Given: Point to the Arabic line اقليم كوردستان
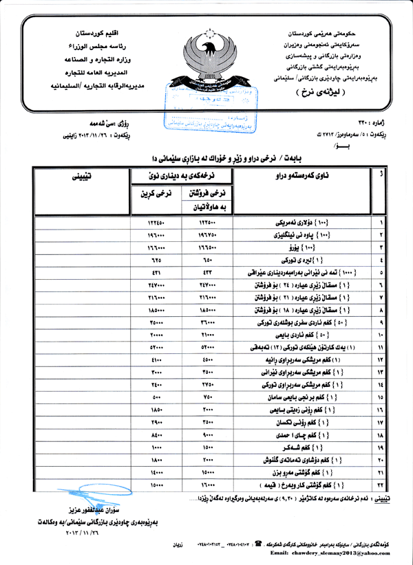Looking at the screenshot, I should click(x=96, y=34).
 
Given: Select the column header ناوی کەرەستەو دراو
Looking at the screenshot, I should click(x=306, y=177).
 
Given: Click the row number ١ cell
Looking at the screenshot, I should click(x=381, y=223).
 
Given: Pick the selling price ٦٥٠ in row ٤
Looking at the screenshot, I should click(x=208, y=261).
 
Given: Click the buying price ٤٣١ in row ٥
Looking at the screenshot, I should click(x=155, y=273).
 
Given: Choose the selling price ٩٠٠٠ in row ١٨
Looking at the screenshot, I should click(x=208, y=436).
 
